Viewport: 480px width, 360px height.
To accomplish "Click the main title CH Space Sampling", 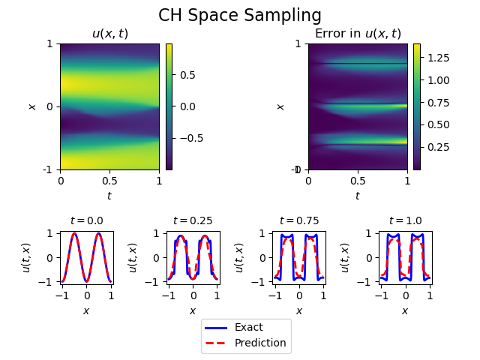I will (x=240, y=16).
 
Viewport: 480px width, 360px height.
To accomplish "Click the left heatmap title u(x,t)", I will (x=109, y=34).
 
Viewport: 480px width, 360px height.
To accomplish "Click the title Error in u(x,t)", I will (x=357, y=34).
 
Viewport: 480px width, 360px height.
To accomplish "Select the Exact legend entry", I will (x=248, y=327).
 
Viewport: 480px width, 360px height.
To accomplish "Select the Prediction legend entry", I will (x=260, y=343).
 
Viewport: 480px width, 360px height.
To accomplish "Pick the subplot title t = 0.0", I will (x=86, y=220).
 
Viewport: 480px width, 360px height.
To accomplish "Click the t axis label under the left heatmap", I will (x=109, y=196).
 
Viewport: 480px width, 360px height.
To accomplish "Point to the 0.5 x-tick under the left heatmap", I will (x=109, y=181).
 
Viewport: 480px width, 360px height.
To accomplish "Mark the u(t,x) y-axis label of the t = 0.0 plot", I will (x=27, y=257).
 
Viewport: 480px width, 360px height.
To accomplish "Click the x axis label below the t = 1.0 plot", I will (x=405, y=310).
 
